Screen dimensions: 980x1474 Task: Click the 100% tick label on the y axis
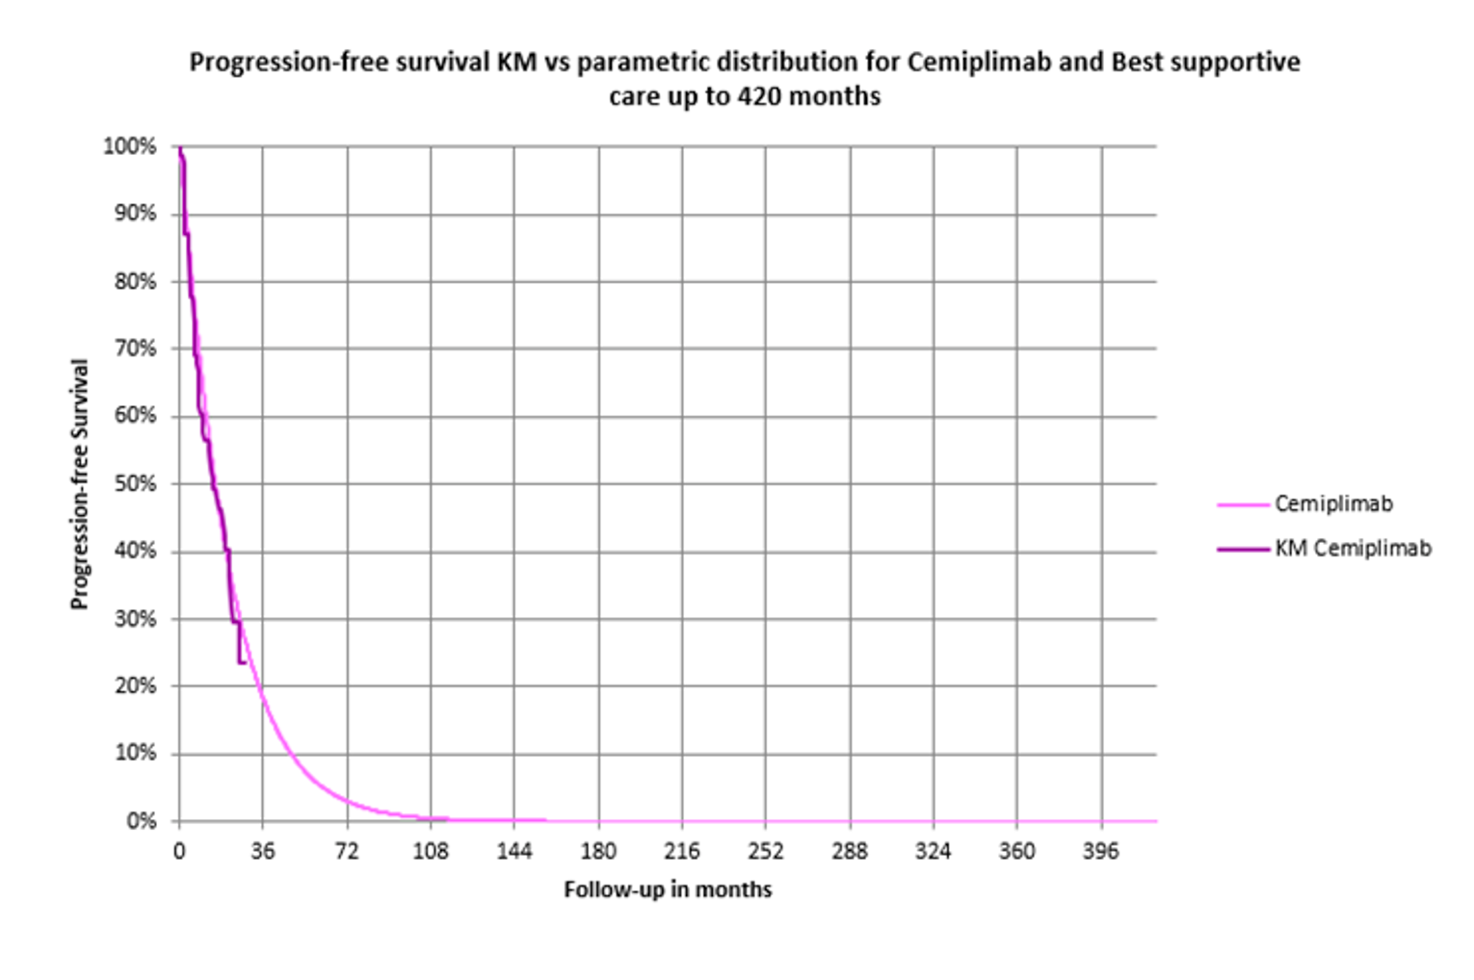129,146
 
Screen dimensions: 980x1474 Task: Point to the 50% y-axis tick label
135,483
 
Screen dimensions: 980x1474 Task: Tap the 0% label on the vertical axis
141,821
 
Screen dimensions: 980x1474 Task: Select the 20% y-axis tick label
135,685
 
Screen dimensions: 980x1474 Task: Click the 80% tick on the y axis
135,281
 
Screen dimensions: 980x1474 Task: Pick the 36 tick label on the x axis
262,851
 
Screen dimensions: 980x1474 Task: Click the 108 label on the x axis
431,851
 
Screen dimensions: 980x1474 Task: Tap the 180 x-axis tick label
598,851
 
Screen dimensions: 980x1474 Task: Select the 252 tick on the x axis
766,851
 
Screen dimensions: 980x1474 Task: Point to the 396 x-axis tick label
1101,851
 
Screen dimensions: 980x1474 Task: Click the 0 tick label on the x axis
179,851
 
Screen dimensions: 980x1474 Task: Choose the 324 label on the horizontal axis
934,851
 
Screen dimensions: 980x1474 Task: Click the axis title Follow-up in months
668,890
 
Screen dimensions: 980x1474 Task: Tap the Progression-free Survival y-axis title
79,484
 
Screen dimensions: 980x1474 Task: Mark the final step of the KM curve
242,662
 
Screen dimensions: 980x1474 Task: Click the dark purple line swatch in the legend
1243,549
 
